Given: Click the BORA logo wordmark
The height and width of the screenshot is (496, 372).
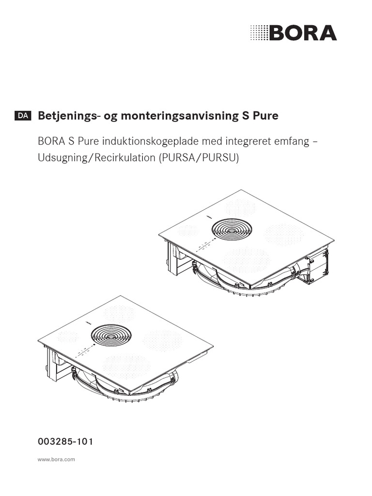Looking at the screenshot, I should [x=302, y=33].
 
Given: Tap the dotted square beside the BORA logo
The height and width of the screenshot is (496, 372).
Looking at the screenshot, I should [x=258, y=33].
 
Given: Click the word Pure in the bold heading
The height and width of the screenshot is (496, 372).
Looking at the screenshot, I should [x=266, y=116].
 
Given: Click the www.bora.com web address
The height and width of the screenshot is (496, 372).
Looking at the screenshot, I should [x=56, y=459].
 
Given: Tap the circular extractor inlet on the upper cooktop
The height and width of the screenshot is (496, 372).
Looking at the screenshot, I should [x=230, y=229].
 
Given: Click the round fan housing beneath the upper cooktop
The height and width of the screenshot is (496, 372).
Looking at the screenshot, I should [x=242, y=286].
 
